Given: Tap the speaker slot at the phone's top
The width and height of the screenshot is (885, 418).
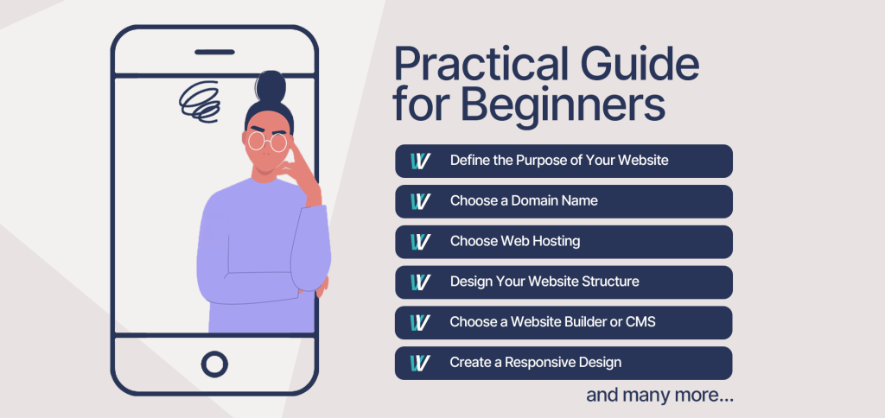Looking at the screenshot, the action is point(214,52).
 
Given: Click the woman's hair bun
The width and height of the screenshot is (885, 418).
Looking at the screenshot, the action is point(271,85).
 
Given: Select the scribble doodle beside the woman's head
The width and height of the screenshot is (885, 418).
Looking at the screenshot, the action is point(200,102).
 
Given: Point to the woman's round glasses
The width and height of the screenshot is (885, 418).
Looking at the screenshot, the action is point(268,141).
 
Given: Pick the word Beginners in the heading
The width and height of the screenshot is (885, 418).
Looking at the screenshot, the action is point(562,105).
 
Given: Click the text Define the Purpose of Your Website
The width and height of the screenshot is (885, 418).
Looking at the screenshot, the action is point(559,161).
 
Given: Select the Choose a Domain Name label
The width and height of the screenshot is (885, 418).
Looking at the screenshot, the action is point(524,200).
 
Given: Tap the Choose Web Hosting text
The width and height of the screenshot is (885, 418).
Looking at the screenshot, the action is point(515,242).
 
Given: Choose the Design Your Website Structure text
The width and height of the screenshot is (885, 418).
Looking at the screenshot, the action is point(544,281).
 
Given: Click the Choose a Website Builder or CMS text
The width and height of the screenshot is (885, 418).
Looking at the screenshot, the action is point(552,322).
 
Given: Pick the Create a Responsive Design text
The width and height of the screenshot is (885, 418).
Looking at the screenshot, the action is point(536,362).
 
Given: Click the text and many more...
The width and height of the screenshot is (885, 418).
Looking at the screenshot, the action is point(659,395).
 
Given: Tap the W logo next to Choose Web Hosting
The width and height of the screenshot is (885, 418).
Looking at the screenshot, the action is point(421,242).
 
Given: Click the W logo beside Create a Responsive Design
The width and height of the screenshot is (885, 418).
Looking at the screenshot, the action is point(421,363).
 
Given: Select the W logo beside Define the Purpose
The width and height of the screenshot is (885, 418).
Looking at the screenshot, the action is point(421,161).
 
